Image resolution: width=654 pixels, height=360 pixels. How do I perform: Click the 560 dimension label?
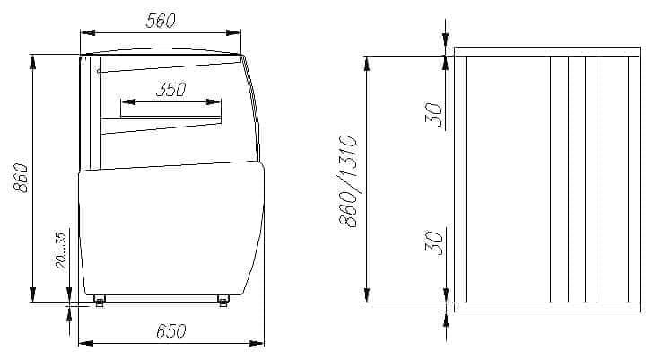161,21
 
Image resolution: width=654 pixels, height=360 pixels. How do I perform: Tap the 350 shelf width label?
171,89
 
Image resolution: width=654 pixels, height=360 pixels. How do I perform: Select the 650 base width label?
171,331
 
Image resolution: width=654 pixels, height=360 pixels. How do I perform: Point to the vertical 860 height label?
21,178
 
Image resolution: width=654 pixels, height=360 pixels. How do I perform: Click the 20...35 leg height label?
60,250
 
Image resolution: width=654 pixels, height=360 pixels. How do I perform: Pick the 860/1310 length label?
348,181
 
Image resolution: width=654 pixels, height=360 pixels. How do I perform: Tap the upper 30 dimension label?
434,115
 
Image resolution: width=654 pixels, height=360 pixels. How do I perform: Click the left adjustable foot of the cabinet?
100,301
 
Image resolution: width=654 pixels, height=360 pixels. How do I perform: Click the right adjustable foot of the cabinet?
223,301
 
